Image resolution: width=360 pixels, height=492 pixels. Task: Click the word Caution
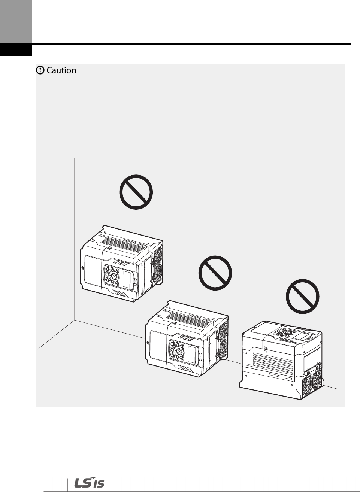61,70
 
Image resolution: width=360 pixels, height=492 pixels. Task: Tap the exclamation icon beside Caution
40,70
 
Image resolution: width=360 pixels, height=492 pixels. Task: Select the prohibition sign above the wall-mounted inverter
136,192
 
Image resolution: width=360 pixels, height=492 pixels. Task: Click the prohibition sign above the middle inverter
215,273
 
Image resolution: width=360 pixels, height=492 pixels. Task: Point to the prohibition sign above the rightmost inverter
303,297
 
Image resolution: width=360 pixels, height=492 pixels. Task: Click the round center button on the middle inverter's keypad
179,352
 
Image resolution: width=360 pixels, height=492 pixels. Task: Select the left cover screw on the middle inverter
148,342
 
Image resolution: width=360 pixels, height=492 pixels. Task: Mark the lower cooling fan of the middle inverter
224,350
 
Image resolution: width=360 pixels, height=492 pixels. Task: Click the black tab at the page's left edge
16,50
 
